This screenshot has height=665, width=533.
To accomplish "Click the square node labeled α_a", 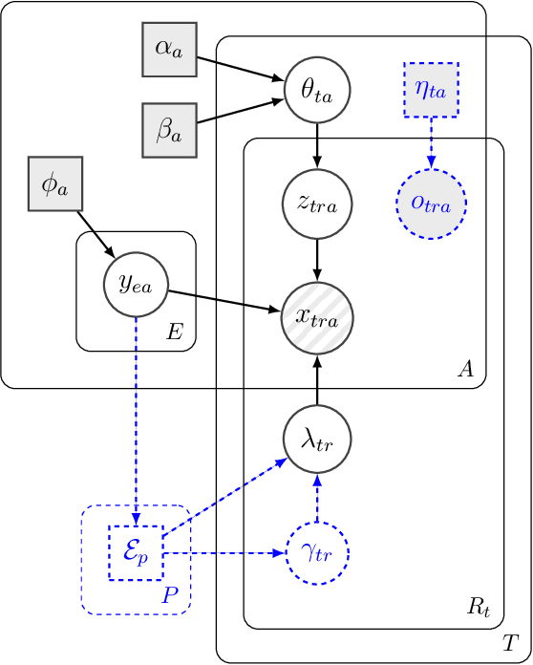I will point(168,49).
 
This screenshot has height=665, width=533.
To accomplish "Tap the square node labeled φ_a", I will point(54,183).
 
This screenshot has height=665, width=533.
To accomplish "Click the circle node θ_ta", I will point(318,91).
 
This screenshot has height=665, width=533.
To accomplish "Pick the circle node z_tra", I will point(318,204).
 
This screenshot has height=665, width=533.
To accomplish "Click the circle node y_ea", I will point(136,284).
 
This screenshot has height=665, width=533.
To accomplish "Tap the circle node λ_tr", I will point(318,440).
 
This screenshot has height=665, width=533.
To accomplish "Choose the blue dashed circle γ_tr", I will point(318,553).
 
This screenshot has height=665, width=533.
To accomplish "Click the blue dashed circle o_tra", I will point(431,204).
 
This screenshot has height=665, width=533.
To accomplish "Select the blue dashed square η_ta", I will point(431,91).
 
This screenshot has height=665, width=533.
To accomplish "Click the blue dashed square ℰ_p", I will point(136,553).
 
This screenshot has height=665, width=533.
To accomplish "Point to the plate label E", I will point(175,332).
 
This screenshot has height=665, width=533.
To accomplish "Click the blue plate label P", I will point(169,595).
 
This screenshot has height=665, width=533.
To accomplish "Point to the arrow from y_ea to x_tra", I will point(224,300).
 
